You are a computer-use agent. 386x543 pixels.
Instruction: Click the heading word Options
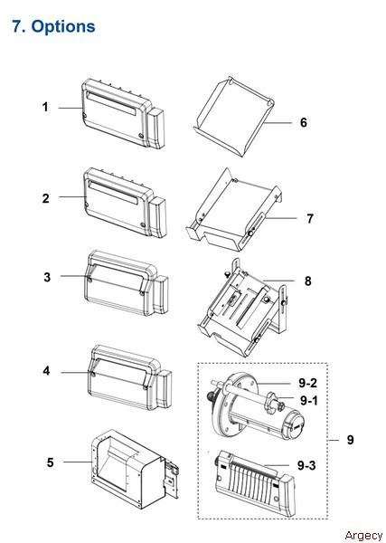(x=63, y=26)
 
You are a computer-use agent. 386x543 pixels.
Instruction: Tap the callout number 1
(x=45, y=107)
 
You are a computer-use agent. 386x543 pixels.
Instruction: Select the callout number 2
(x=46, y=198)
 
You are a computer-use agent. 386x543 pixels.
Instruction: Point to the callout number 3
(x=47, y=277)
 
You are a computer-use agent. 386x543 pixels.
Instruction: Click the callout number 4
(x=47, y=371)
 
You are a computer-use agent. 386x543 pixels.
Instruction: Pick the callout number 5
(x=50, y=462)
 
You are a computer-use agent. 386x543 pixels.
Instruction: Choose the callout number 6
(x=304, y=122)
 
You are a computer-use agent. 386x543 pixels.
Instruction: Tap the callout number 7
(x=310, y=218)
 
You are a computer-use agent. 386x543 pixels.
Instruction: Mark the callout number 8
(x=308, y=281)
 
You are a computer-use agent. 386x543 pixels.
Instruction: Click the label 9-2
(x=307, y=383)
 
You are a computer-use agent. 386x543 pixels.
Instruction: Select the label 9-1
(x=309, y=400)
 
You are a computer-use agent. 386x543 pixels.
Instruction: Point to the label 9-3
(x=306, y=465)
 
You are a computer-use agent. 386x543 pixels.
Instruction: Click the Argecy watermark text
(x=364, y=536)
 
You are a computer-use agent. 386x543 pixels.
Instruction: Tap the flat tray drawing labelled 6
(x=233, y=118)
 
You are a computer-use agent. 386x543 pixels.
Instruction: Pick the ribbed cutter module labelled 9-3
(x=255, y=483)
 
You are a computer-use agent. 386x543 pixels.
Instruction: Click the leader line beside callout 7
(x=280, y=218)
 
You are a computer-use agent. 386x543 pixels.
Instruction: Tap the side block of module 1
(x=156, y=129)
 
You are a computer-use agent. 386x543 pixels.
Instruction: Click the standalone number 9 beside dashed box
(x=351, y=440)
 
